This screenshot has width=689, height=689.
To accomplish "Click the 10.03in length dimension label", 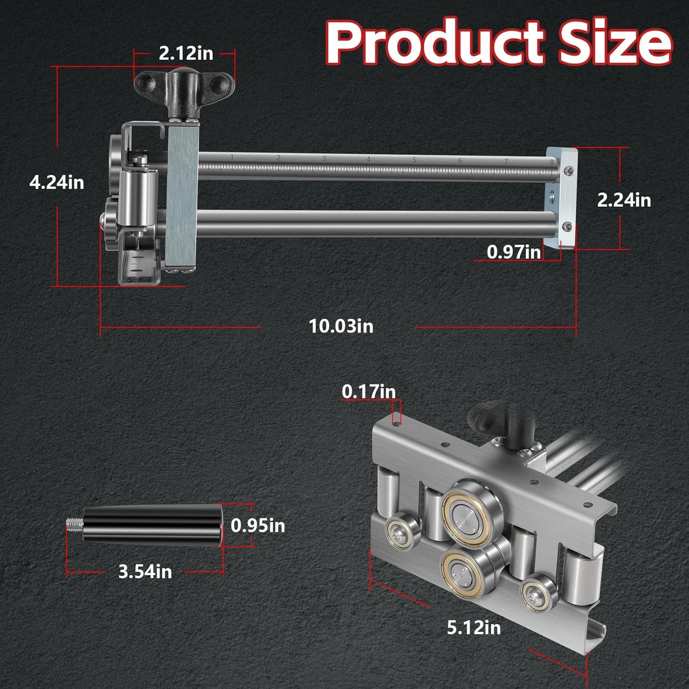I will pos(341,326).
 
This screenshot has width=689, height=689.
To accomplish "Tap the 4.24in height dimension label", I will pos(56,182).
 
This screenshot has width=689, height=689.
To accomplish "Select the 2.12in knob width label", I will pos(186,53).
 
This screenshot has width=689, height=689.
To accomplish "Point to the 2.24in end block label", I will pos(624,200).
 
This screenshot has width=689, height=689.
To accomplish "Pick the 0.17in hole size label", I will pos(368,391).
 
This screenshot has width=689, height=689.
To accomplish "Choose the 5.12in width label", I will pos(474,627).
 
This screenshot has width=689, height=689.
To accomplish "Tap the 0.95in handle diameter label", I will pos(258,525).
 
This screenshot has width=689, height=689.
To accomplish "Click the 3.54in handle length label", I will pos(145,571).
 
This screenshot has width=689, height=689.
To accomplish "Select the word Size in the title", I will pos(615,42).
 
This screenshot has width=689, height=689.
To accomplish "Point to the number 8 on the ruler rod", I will pos(551,162).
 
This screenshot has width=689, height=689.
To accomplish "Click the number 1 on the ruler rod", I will pos(232,157).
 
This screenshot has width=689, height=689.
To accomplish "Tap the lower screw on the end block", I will pos(568,226).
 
